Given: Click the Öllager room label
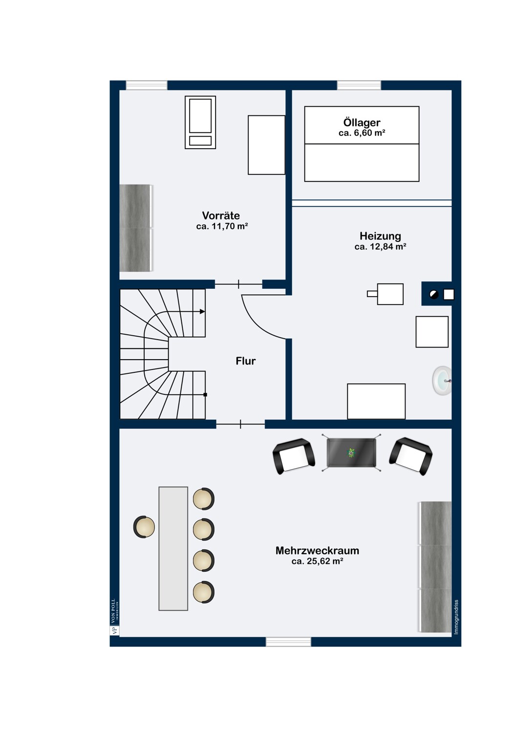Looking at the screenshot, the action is [362, 123].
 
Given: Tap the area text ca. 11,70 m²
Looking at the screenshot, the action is [222, 226].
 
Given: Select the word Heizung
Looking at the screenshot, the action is [380, 236].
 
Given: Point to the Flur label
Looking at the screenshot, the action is [245, 361].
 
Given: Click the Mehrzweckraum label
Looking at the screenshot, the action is [317, 550].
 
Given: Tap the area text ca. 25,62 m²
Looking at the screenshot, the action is [317, 561].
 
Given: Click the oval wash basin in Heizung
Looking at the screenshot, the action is [442, 381].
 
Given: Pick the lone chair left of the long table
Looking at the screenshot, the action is [144, 526].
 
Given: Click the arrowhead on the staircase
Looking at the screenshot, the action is [202, 312].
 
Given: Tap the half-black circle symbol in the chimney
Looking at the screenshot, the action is [434, 295].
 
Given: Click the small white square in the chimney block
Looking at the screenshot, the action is [449, 295].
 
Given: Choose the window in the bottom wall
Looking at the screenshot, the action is [288, 642].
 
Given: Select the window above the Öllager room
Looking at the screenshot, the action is [359, 85].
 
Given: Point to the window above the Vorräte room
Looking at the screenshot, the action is [147, 85].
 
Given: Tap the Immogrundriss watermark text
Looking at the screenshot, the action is [456, 617].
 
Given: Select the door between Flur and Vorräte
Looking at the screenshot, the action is [238, 284].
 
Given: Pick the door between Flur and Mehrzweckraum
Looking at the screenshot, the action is [240, 424].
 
